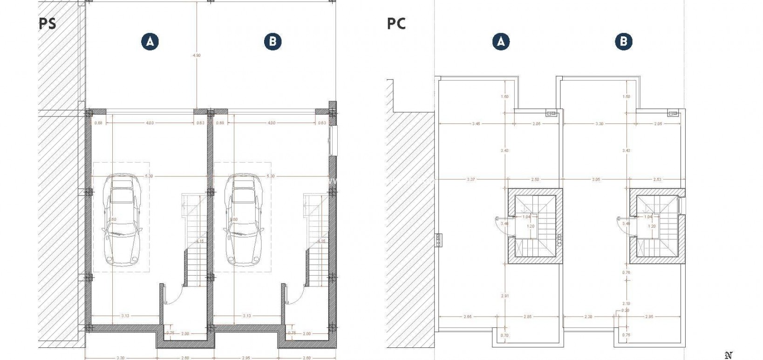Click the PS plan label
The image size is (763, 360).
point(48,23)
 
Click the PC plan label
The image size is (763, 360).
point(396,23)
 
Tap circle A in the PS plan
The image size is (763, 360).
point(150,41)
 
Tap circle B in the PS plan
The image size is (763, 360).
point(272,41)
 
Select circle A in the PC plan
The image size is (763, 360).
point(501,41)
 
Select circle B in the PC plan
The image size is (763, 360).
point(623,41)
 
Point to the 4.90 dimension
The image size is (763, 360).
point(197,55)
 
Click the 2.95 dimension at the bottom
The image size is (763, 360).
point(245,357)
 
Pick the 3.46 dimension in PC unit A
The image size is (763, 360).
point(476,124)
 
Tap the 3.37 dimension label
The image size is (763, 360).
point(470,179)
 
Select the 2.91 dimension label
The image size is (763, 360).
point(505,296)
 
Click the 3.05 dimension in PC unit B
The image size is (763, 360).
point(596,179)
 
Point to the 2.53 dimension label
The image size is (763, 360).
point(657,179)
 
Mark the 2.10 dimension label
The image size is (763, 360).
point(627,303)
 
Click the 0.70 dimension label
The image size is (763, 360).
point(505,335)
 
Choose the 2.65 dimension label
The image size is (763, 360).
point(467,317)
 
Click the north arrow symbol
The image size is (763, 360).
point(729,355)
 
